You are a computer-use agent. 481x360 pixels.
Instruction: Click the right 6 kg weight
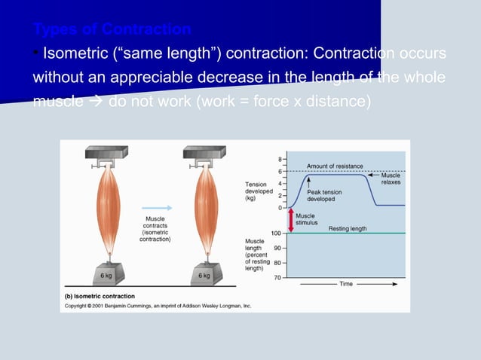point(203,275)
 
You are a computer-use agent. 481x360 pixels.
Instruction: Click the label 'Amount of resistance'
point(335,166)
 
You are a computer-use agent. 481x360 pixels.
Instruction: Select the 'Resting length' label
point(348,227)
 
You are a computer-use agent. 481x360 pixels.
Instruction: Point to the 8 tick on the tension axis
point(280,159)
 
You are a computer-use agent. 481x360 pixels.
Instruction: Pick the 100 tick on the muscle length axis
point(277,233)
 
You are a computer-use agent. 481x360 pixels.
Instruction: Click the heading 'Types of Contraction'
point(112,30)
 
